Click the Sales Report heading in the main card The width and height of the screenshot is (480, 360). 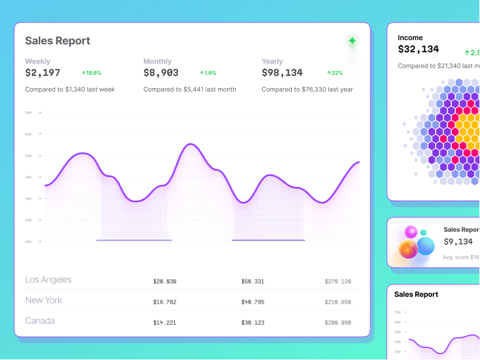58,41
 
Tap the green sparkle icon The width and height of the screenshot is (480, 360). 352,41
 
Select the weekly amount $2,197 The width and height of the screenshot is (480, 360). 43,72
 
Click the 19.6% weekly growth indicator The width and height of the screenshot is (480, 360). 92,73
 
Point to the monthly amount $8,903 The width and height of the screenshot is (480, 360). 161,72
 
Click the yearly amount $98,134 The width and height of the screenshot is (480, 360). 282,72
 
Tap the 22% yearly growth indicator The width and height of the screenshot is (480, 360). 335,73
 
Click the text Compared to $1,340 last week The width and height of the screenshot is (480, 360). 70,89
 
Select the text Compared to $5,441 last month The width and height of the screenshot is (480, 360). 189,89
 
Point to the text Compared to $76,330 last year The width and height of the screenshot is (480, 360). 307,89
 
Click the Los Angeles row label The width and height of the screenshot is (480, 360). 48,280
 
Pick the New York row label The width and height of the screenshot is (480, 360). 43,300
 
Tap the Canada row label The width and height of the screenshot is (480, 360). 40,320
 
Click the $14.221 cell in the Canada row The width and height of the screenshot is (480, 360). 165,323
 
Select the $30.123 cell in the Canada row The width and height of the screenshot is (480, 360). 252,323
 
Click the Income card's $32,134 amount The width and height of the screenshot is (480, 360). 418,49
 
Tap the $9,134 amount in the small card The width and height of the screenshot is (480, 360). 458,241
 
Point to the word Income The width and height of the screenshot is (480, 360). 410,38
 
